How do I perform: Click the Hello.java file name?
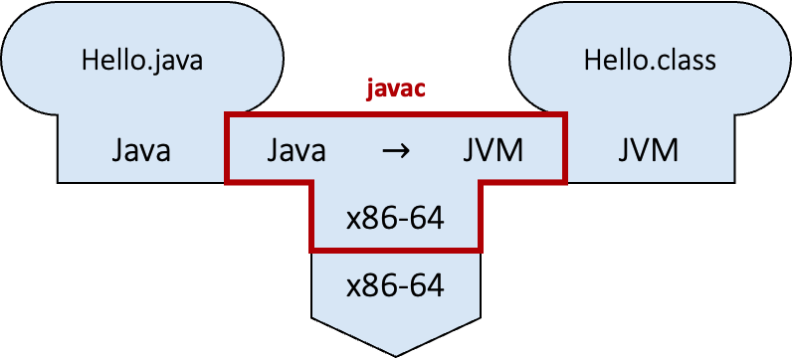point(141,61)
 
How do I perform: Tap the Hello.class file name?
point(649,61)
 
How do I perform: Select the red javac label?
point(394,89)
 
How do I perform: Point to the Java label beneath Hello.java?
point(140,151)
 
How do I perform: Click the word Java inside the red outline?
point(296,151)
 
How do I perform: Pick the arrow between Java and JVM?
point(395,152)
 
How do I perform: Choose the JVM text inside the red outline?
point(494,151)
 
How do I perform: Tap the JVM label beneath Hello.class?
point(648,151)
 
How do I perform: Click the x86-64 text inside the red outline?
point(395,217)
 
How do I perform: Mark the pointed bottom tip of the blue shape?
point(395,353)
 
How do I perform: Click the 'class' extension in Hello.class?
point(685,61)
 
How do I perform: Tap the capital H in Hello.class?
point(591,61)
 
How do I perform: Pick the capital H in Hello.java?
point(89,61)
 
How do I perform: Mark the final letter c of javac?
point(421,90)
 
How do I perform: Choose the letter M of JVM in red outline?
point(511,151)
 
